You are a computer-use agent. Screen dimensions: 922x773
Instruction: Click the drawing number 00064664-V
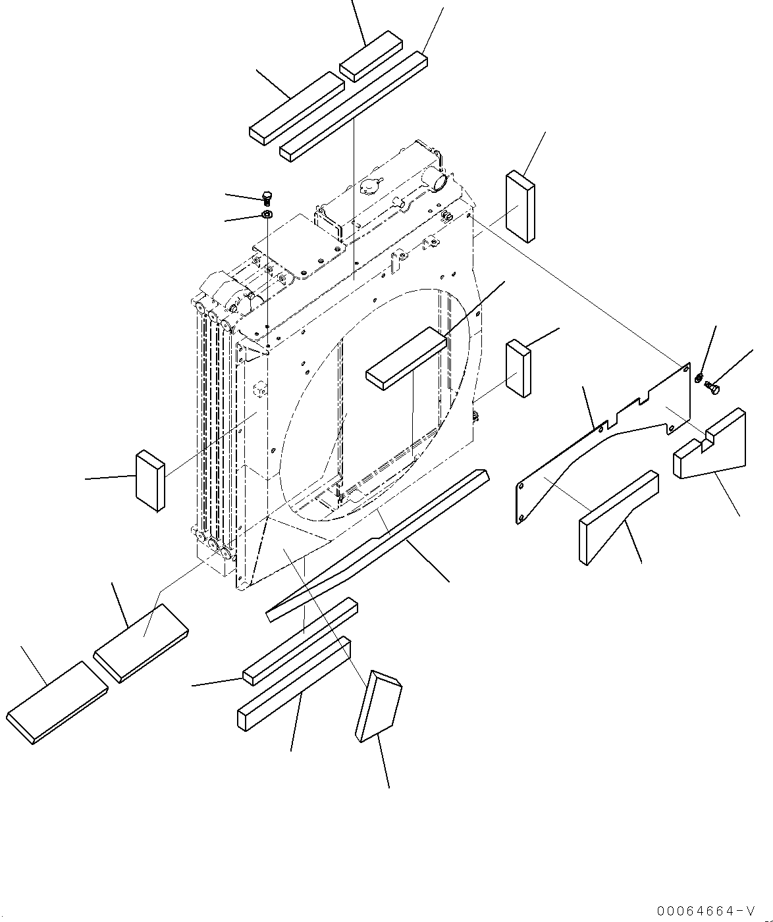[x=705, y=911]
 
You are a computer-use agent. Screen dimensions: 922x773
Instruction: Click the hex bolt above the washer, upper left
[x=267, y=197]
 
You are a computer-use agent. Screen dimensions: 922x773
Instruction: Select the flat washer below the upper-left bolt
[x=267, y=215]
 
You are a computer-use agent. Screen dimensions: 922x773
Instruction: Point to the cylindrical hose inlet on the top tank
[x=437, y=178]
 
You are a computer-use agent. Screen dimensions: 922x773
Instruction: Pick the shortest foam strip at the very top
[x=372, y=56]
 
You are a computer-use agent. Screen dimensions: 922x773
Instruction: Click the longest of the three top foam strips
[x=354, y=106]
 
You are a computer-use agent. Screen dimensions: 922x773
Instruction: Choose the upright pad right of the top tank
[x=520, y=207]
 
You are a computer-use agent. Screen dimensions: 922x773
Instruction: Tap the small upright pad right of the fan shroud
[x=519, y=369]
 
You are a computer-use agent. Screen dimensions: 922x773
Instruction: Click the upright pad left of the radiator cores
[x=150, y=480]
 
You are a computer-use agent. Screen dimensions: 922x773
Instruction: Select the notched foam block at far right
[x=711, y=448]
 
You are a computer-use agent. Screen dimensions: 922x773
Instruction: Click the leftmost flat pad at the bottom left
[x=57, y=702]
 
